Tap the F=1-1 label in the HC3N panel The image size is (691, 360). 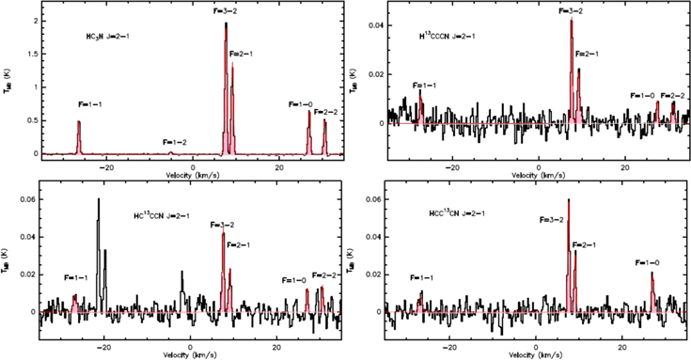[x=91, y=106]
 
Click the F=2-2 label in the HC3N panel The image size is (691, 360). [x=326, y=112]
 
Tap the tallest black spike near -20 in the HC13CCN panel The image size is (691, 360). [x=99, y=199]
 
